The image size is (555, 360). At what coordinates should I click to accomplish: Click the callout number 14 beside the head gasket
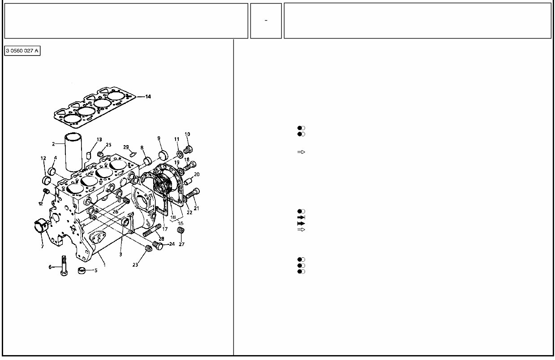point(148,96)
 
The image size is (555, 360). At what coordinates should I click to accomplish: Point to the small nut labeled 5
point(81,271)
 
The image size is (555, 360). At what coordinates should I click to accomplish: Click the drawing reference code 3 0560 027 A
point(22,51)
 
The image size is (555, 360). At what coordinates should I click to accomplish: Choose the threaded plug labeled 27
point(181,231)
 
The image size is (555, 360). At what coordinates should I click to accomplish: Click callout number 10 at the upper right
point(187,134)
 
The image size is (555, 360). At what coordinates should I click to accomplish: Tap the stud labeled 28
point(152,231)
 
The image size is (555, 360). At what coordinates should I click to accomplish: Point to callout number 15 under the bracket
point(181,223)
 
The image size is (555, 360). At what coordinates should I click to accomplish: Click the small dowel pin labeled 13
point(89,155)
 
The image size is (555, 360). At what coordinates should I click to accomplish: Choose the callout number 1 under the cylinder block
point(104,265)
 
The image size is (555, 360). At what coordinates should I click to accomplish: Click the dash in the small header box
point(266,21)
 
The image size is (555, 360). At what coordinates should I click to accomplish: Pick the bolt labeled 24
point(158,245)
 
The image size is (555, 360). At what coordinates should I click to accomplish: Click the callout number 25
point(108,145)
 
